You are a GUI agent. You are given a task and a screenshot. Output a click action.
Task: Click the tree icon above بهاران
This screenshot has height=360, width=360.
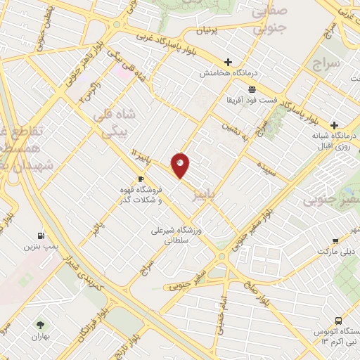(x=40, y=324)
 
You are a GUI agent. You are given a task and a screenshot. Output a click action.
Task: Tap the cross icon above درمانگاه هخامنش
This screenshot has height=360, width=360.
(x=229, y=62)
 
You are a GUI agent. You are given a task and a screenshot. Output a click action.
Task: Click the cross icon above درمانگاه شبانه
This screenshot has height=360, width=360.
(x=334, y=124)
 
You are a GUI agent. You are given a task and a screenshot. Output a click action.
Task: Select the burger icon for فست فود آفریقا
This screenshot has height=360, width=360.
(x=251, y=89)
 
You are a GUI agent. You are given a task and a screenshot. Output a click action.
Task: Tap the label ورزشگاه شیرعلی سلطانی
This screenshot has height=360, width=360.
(x=174, y=235)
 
